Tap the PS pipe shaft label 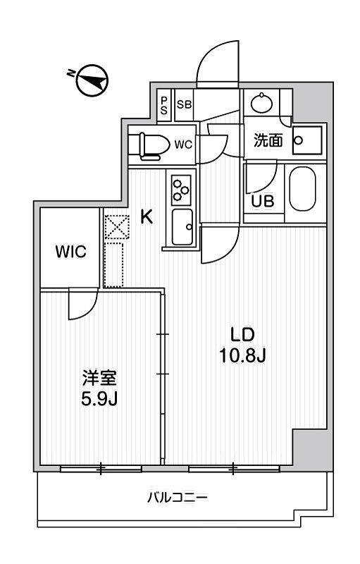tap(163, 105)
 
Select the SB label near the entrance tap(183, 105)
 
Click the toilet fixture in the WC tap(151, 145)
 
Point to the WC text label tap(183, 145)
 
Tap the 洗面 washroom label tap(268, 141)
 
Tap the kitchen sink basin tap(183, 227)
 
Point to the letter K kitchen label tap(147, 217)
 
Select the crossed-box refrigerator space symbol tap(113, 226)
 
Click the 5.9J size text tap(98, 399)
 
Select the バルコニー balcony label tap(177, 498)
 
